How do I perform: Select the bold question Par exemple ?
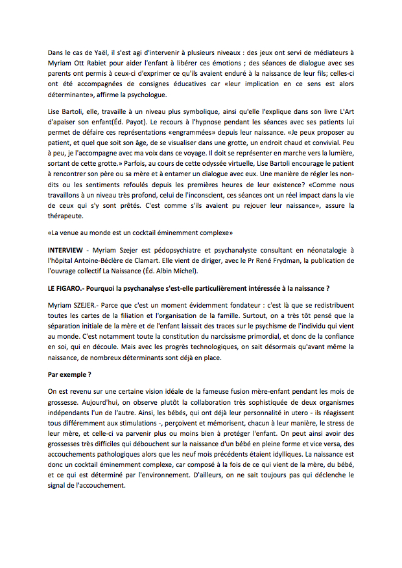[69, 374]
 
